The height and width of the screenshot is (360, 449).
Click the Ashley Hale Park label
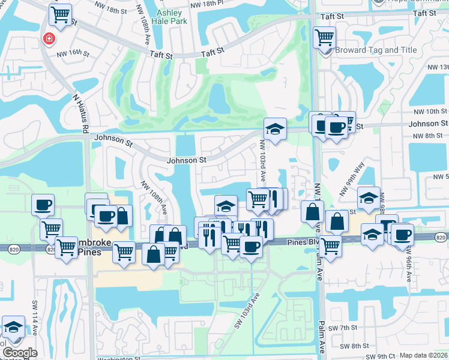(x=171, y=17)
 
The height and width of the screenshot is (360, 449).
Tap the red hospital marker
(x=47, y=39)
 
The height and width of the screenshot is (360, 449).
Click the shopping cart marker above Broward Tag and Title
(x=324, y=37)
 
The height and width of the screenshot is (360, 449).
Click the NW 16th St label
(x=73, y=53)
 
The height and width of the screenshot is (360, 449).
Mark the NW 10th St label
(x=430, y=111)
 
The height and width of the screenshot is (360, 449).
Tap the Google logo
(x=20, y=353)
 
